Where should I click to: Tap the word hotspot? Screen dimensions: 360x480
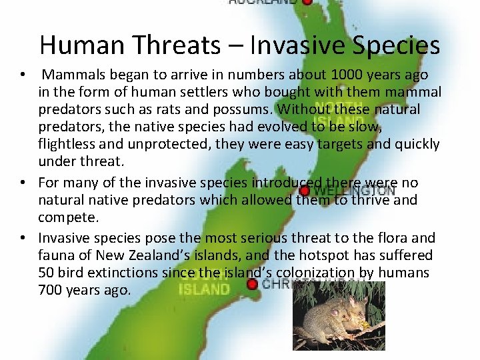(299, 255)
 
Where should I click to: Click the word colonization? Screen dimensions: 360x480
(318, 273)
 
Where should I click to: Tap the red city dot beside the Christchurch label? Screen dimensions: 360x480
(251, 285)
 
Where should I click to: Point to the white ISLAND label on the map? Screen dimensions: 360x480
(203, 289)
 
